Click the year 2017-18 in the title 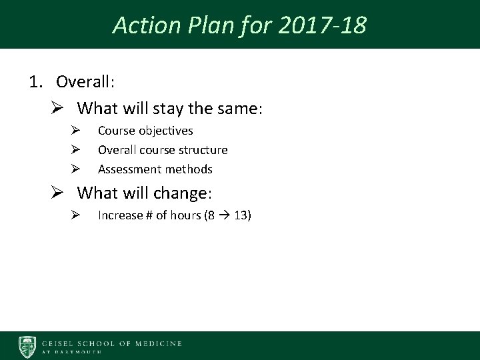[327, 25]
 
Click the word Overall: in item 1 [86, 82]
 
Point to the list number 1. [34, 82]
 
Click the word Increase [121, 215]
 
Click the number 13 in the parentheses [239, 215]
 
